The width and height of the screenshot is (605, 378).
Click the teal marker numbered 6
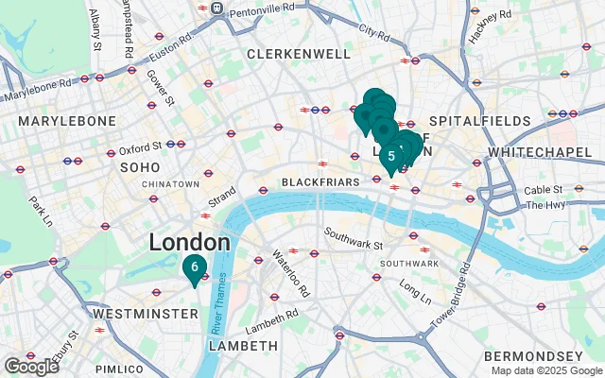click(x=194, y=267)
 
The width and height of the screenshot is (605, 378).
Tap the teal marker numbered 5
click(x=391, y=156)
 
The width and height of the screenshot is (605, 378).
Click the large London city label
click(x=189, y=243)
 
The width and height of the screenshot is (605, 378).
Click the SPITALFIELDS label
click(x=471, y=122)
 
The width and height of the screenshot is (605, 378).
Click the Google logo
click(x=32, y=367)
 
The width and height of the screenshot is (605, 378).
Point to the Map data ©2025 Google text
click(x=545, y=370)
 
